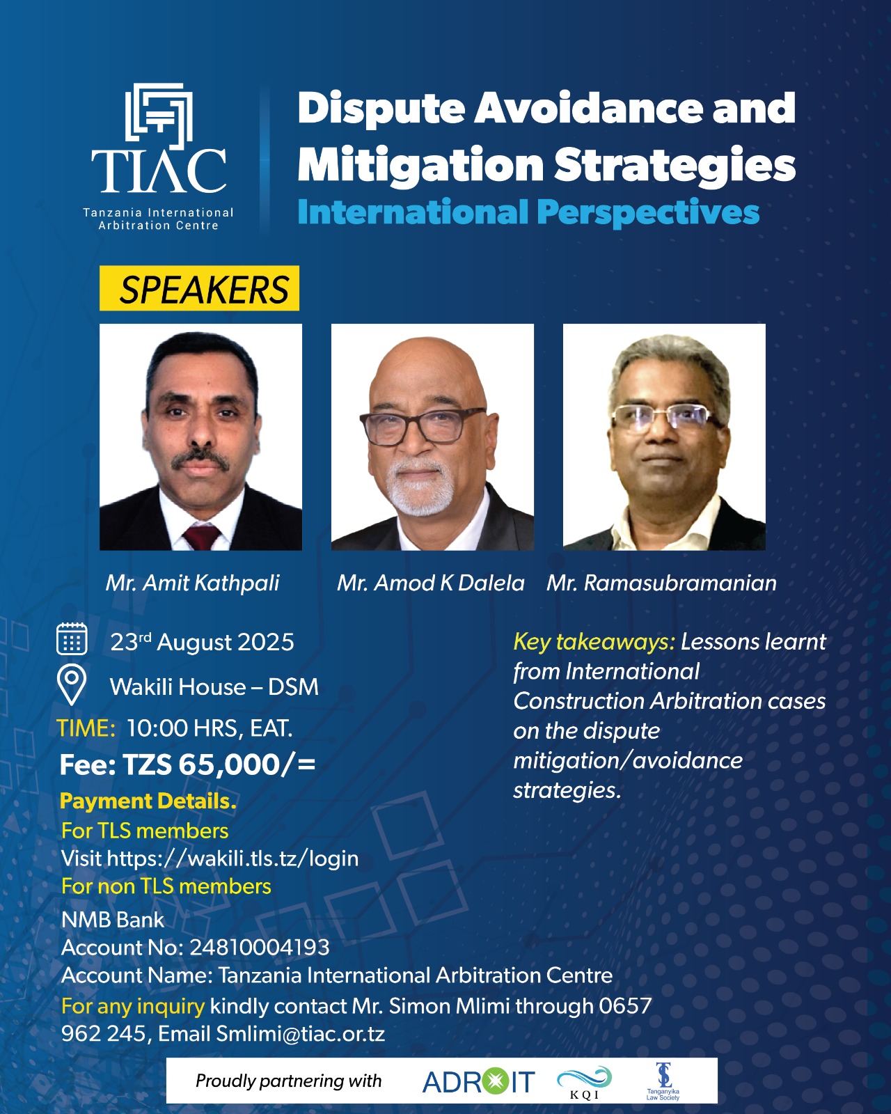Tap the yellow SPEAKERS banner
coord(199,288)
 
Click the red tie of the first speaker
coord(201,537)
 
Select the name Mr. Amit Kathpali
coord(193,583)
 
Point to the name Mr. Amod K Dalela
coord(431,583)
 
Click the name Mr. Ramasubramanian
coord(662,583)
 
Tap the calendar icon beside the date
coord(72,639)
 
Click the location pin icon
coord(72,685)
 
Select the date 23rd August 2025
coord(202,642)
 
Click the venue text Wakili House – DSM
coord(214,687)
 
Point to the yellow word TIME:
coord(86,728)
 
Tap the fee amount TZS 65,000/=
coord(219,764)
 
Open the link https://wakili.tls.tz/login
coord(232,858)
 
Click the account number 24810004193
coord(260,948)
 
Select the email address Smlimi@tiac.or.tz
coord(300,1034)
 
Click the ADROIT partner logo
coord(478,1081)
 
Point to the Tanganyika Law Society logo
coord(663,1081)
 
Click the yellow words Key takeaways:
coord(594,643)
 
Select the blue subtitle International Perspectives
coord(528,212)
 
